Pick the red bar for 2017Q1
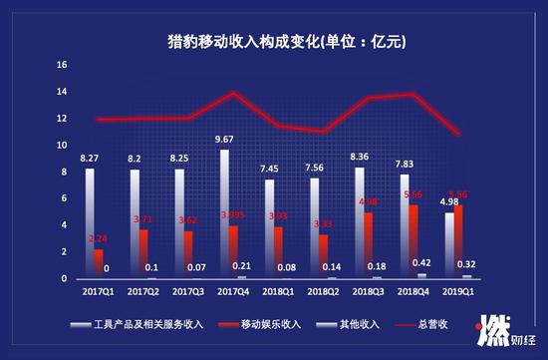[99, 263]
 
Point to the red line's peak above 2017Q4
[233, 93]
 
